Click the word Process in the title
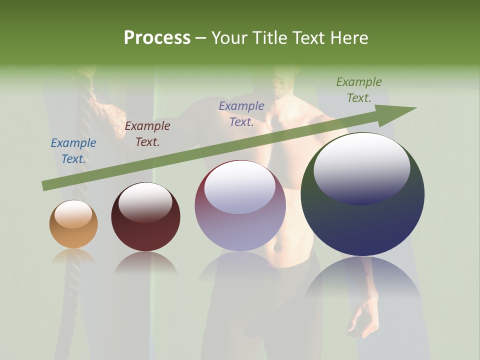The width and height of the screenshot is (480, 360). click(157, 38)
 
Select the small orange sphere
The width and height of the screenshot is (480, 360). click(73, 224)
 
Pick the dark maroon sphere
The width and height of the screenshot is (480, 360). click(145, 217)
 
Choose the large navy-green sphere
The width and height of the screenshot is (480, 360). click(362, 195)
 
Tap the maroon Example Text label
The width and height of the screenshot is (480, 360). click(147, 134)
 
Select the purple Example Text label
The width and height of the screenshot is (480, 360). click(241, 114)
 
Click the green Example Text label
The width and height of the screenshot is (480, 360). click(359, 90)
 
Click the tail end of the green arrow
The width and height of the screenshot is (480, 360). click(45, 186)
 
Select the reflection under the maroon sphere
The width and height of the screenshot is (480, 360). click(145, 262)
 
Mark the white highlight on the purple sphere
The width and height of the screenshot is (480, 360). click(240, 187)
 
